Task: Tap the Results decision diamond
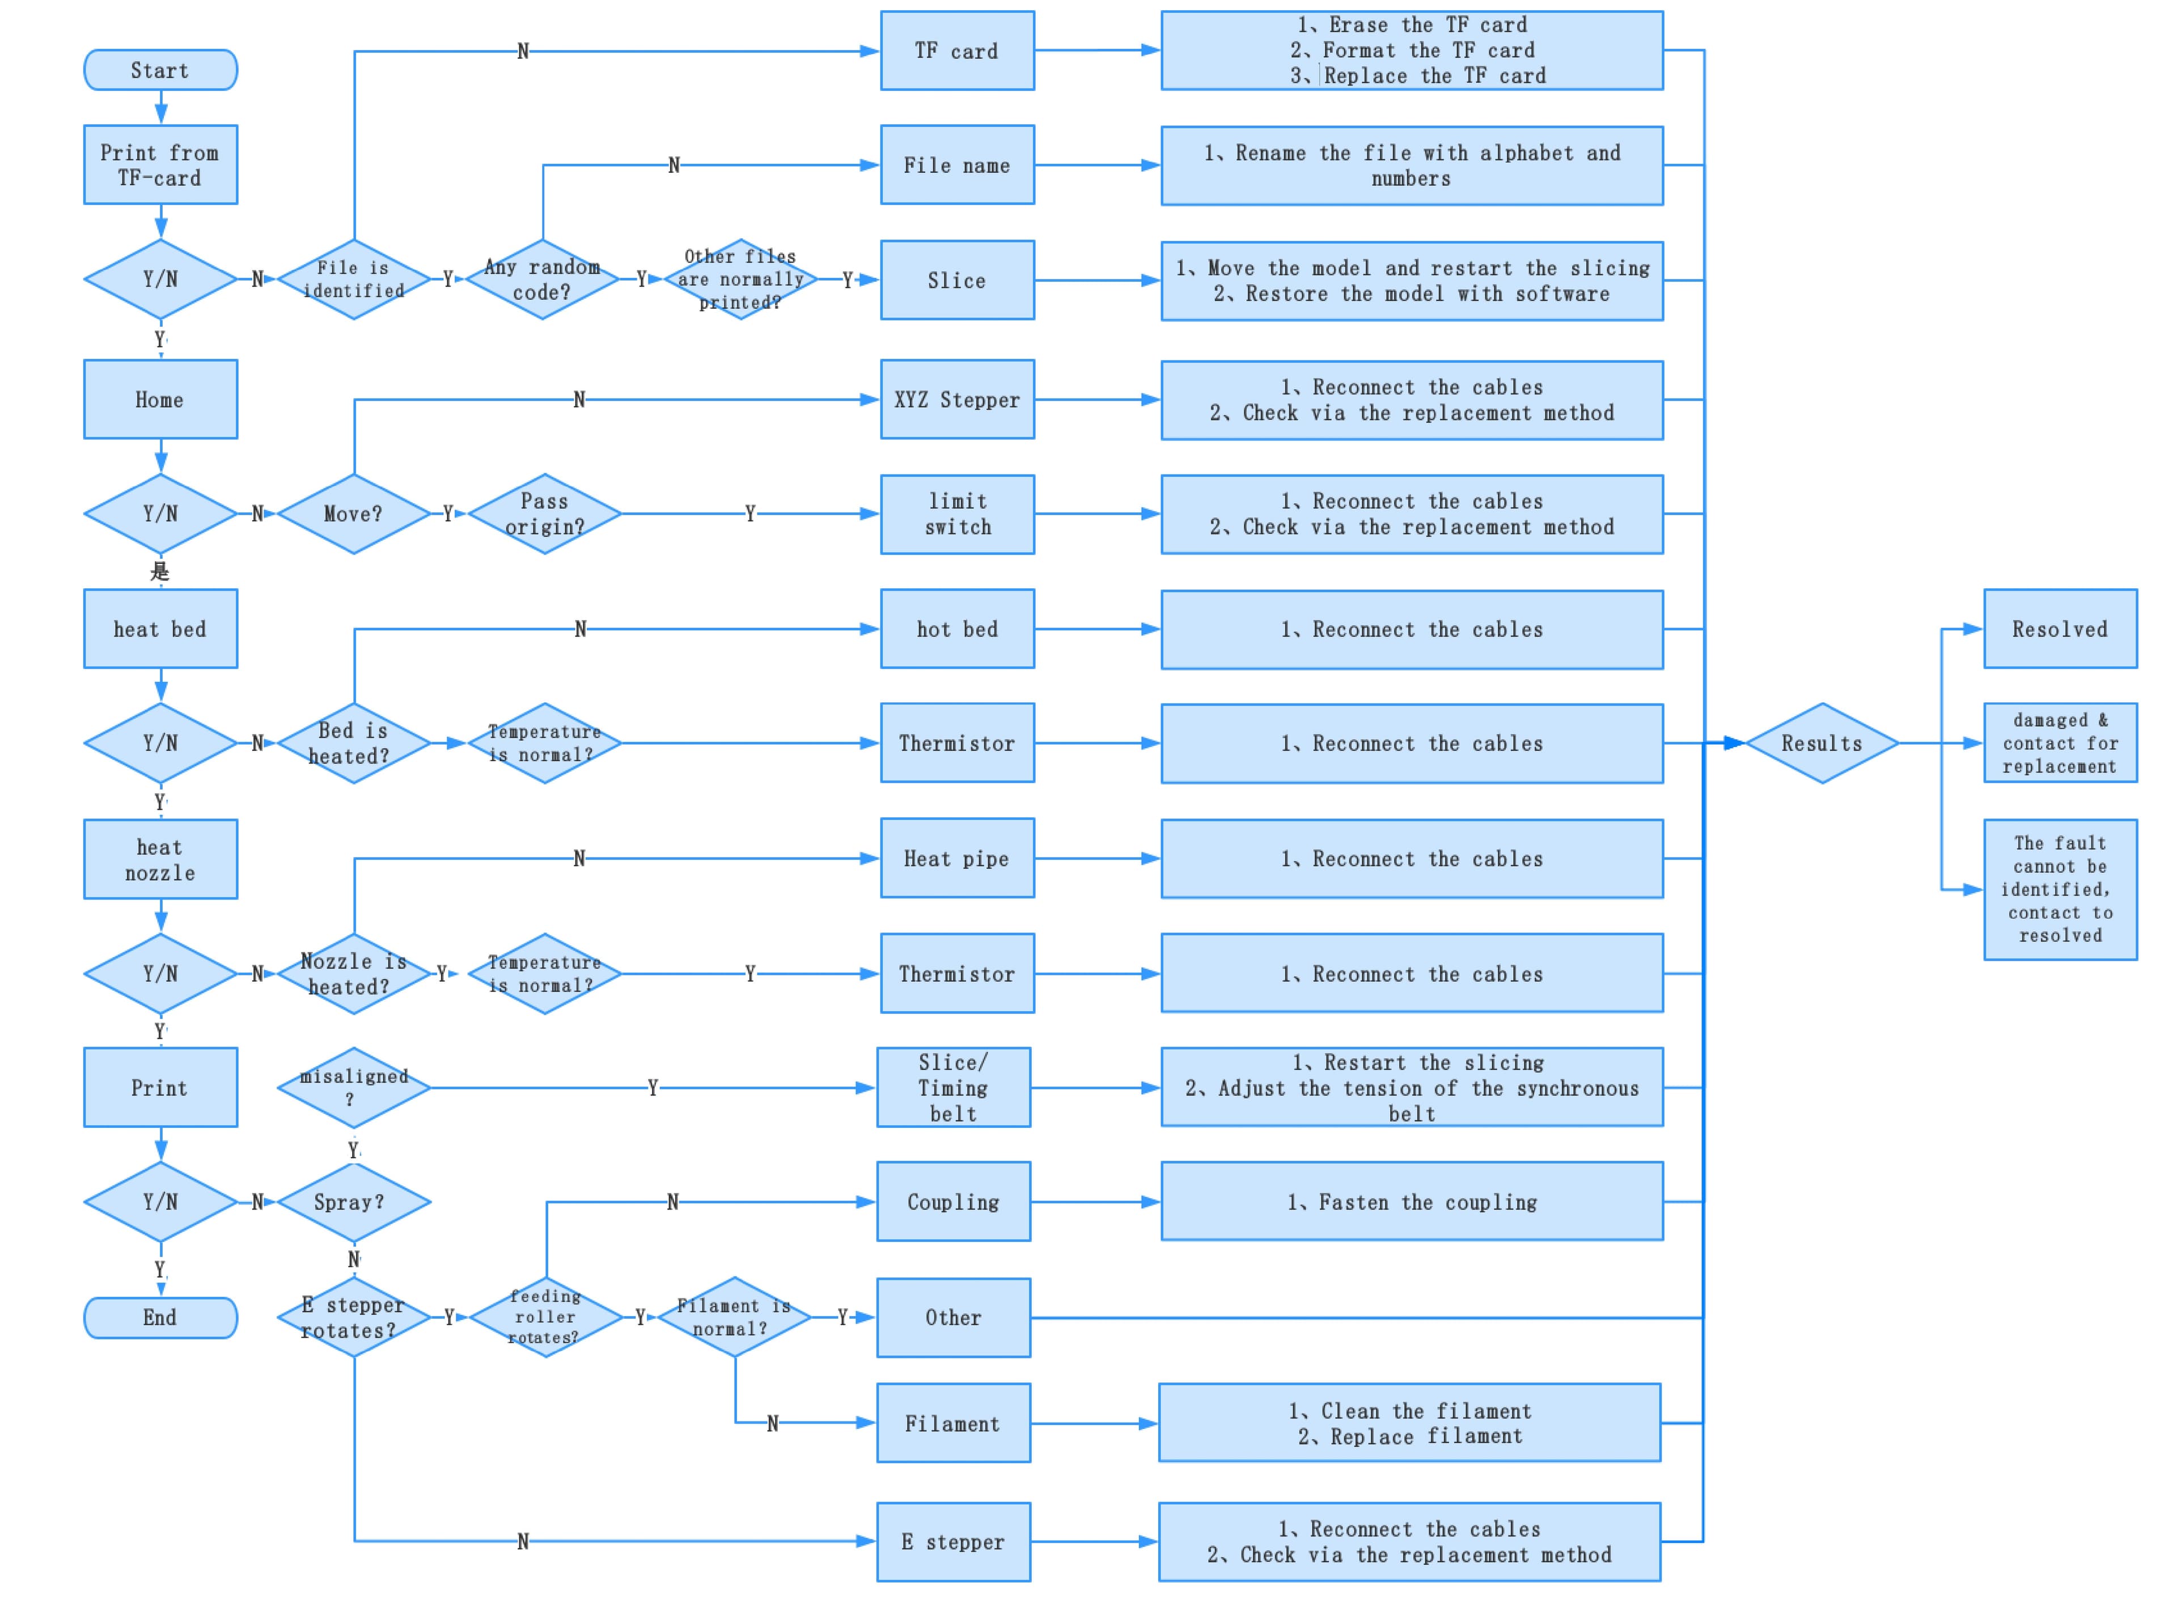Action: click(1821, 743)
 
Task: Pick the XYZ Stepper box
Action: click(957, 400)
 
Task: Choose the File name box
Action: click(957, 165)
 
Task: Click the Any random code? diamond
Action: click(543, 279)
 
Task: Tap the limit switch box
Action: click(957, 514)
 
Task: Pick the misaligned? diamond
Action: click(354, 1087)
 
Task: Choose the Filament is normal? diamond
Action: click(734, 1317)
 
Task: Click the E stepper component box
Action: click(953, 1542)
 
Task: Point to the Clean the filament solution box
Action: click(1409, 1423)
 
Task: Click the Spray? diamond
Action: click(354, 1202)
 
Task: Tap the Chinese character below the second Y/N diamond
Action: click(160, 571)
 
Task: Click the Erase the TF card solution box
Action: click(1412, 50)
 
